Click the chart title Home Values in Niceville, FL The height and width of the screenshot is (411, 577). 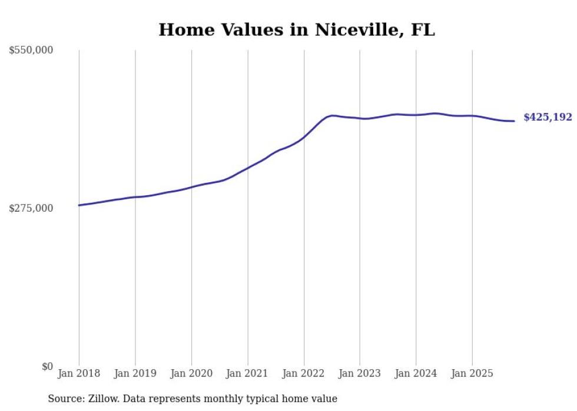point(297,30)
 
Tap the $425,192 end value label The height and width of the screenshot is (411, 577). point(548,117)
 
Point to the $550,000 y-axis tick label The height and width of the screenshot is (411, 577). point(31,51)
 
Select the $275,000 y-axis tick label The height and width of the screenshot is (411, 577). point(31,208)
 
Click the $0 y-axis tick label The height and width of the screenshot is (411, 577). point(48,366)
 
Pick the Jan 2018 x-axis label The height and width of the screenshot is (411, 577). point(79,373)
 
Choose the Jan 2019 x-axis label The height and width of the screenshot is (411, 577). point(135,373)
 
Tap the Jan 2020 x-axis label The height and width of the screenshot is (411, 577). point(191,373)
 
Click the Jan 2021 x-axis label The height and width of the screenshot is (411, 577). point(247,373)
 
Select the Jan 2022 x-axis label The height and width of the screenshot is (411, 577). point(304,373)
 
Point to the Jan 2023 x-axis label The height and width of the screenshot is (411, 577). point(360,373)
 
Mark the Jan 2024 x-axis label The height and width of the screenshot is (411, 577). point(416,373)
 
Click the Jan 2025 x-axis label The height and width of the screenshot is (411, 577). point(472,373)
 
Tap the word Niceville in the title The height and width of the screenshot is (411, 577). point(349,30)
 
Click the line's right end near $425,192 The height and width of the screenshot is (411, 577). point(515,121)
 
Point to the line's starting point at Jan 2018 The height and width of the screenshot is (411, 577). point(79,205)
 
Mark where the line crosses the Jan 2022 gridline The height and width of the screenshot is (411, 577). point(304,138)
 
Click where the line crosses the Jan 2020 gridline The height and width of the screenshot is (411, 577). point(191,187)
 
